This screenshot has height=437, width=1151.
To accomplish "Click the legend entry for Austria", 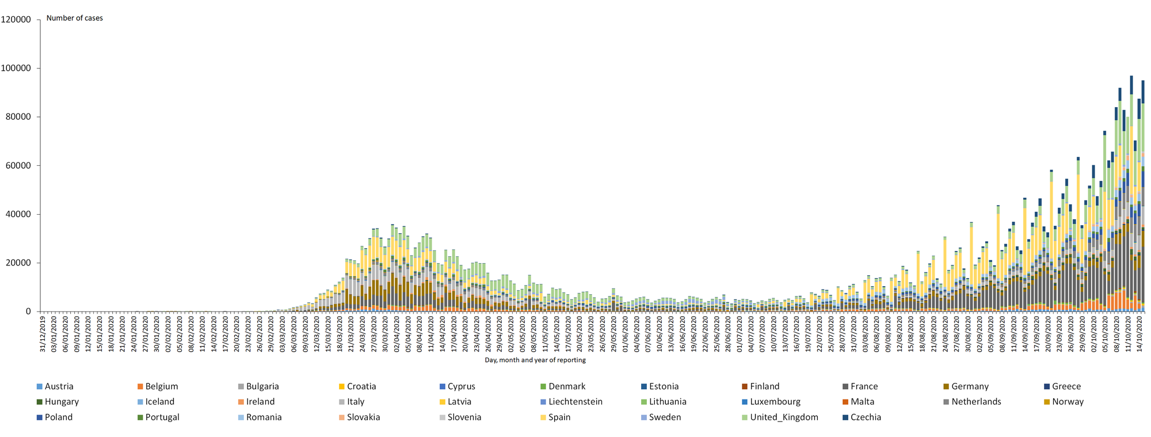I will (x=59, y=386).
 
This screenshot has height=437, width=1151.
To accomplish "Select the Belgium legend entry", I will (x=161, y=386).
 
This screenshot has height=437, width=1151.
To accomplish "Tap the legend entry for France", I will (x=864, y=386).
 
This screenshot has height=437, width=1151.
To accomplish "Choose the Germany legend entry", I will (x=970, y=386).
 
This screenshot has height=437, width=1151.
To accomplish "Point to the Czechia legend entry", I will (x=866, y=417).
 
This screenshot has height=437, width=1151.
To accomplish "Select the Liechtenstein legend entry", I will (x=575, y=401).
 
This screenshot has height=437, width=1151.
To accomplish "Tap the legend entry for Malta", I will (x=862, y=401).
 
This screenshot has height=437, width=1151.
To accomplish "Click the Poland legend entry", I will (x=59, y=417).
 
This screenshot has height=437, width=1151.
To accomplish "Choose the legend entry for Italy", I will (x=356, y=401).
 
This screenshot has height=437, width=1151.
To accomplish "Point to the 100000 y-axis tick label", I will (x=16, y=68).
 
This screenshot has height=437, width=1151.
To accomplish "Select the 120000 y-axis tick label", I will (x=16, y=20).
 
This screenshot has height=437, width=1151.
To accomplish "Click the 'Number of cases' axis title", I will (x=75, y=18).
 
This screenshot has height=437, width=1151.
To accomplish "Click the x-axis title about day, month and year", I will (x=535, y=360).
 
